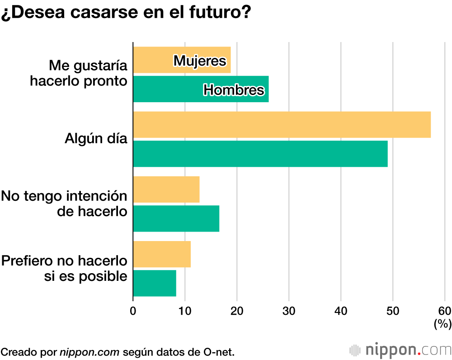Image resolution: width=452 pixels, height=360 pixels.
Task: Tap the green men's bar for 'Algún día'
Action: coord(260,154)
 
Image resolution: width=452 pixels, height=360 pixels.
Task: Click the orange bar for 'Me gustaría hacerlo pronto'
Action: coord(154,60)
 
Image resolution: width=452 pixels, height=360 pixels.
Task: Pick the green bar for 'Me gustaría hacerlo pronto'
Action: coord(167,89)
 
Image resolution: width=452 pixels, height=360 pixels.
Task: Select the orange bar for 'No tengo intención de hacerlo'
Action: coord(166,189)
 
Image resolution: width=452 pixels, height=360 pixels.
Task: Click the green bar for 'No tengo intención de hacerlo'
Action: coord(176,218)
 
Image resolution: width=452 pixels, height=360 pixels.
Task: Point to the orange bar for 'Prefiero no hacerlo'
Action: coord(162,254)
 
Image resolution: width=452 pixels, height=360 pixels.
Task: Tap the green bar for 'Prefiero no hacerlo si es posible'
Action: coord(155,283)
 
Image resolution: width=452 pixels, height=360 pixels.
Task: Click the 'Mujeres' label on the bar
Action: coord(200,60)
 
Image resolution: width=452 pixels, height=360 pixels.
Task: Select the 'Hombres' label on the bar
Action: coord(234,90)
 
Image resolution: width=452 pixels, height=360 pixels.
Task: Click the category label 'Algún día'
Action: coord(96,138)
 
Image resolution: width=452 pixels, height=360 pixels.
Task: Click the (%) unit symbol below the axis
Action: coord(443,324)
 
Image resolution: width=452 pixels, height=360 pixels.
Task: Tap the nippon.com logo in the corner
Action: coord(400,350)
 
